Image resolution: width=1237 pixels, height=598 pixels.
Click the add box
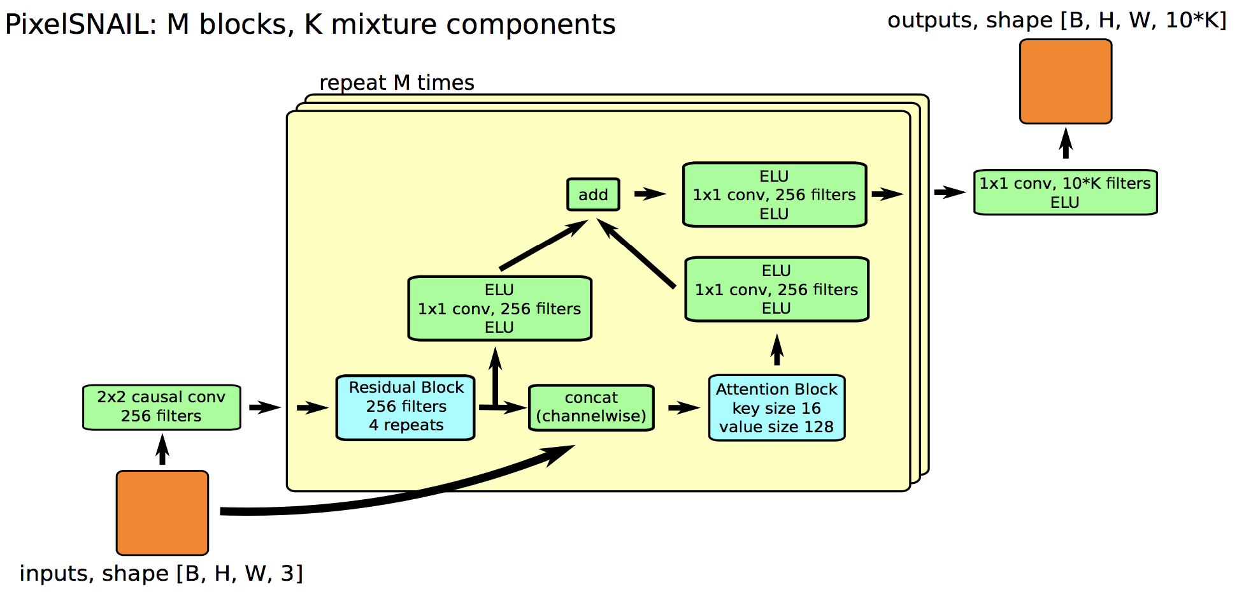click(593, 194)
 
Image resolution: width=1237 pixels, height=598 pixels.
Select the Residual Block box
click(406, 407)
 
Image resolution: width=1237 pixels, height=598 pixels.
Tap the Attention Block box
click(777, 408)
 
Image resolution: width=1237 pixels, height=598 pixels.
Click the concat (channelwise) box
click(592, 407)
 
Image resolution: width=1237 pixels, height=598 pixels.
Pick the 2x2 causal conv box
click(162, 407)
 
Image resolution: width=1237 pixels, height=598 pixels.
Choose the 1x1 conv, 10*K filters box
click(1066, 193)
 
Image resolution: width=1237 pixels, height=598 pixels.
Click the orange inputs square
click(162, 513)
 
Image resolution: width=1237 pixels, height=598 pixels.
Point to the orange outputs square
click(1066, 82)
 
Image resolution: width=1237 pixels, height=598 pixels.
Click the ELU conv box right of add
click(775, 194)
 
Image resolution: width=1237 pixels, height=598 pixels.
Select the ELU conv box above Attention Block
click(777, 289)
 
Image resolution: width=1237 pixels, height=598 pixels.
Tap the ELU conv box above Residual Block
click(500, 309)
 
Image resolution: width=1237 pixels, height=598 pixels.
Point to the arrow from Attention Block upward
click(776, 349)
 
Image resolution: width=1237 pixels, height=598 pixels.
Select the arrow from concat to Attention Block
click(684, 407)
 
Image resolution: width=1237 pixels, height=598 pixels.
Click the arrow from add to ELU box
click(650, 193)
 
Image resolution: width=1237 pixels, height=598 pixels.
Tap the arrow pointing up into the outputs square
click(1066, 143)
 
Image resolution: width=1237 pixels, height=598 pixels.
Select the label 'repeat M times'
click(397, 83)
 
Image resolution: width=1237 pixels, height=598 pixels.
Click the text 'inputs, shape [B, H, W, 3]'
click(161, 574)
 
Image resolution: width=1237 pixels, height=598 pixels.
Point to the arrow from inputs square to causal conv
click(162, 449)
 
